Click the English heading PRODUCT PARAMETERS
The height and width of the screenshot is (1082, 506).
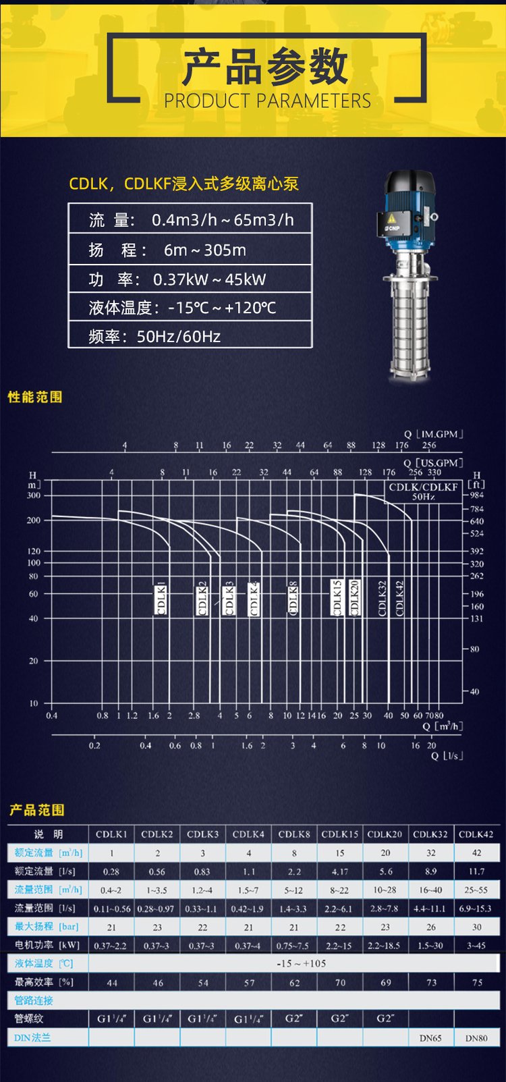tap(267, 101)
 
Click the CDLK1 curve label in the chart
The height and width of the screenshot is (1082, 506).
tap(161, 597)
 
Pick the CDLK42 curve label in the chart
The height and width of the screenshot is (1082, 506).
tap(399, 598)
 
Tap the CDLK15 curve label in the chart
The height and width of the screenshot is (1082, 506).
tap(337, 597)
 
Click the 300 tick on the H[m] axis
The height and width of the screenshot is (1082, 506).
tap(34, 495)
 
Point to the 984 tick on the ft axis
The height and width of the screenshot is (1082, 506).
tap(477, 495)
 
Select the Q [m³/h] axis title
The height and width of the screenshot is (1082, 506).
tap(443, 726)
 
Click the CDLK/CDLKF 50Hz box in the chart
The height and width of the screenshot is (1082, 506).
tap(423, 491)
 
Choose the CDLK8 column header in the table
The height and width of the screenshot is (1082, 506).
tap(294, 834)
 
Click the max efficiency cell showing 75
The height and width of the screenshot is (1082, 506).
tap(477, 982)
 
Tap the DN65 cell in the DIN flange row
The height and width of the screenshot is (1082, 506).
tap(430, 1037)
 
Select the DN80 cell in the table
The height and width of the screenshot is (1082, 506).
tap(476, 1037)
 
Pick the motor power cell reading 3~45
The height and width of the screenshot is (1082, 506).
tap(476, 945)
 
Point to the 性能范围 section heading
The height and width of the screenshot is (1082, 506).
tap(35, 397)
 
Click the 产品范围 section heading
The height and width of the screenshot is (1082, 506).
tap(36, 810)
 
